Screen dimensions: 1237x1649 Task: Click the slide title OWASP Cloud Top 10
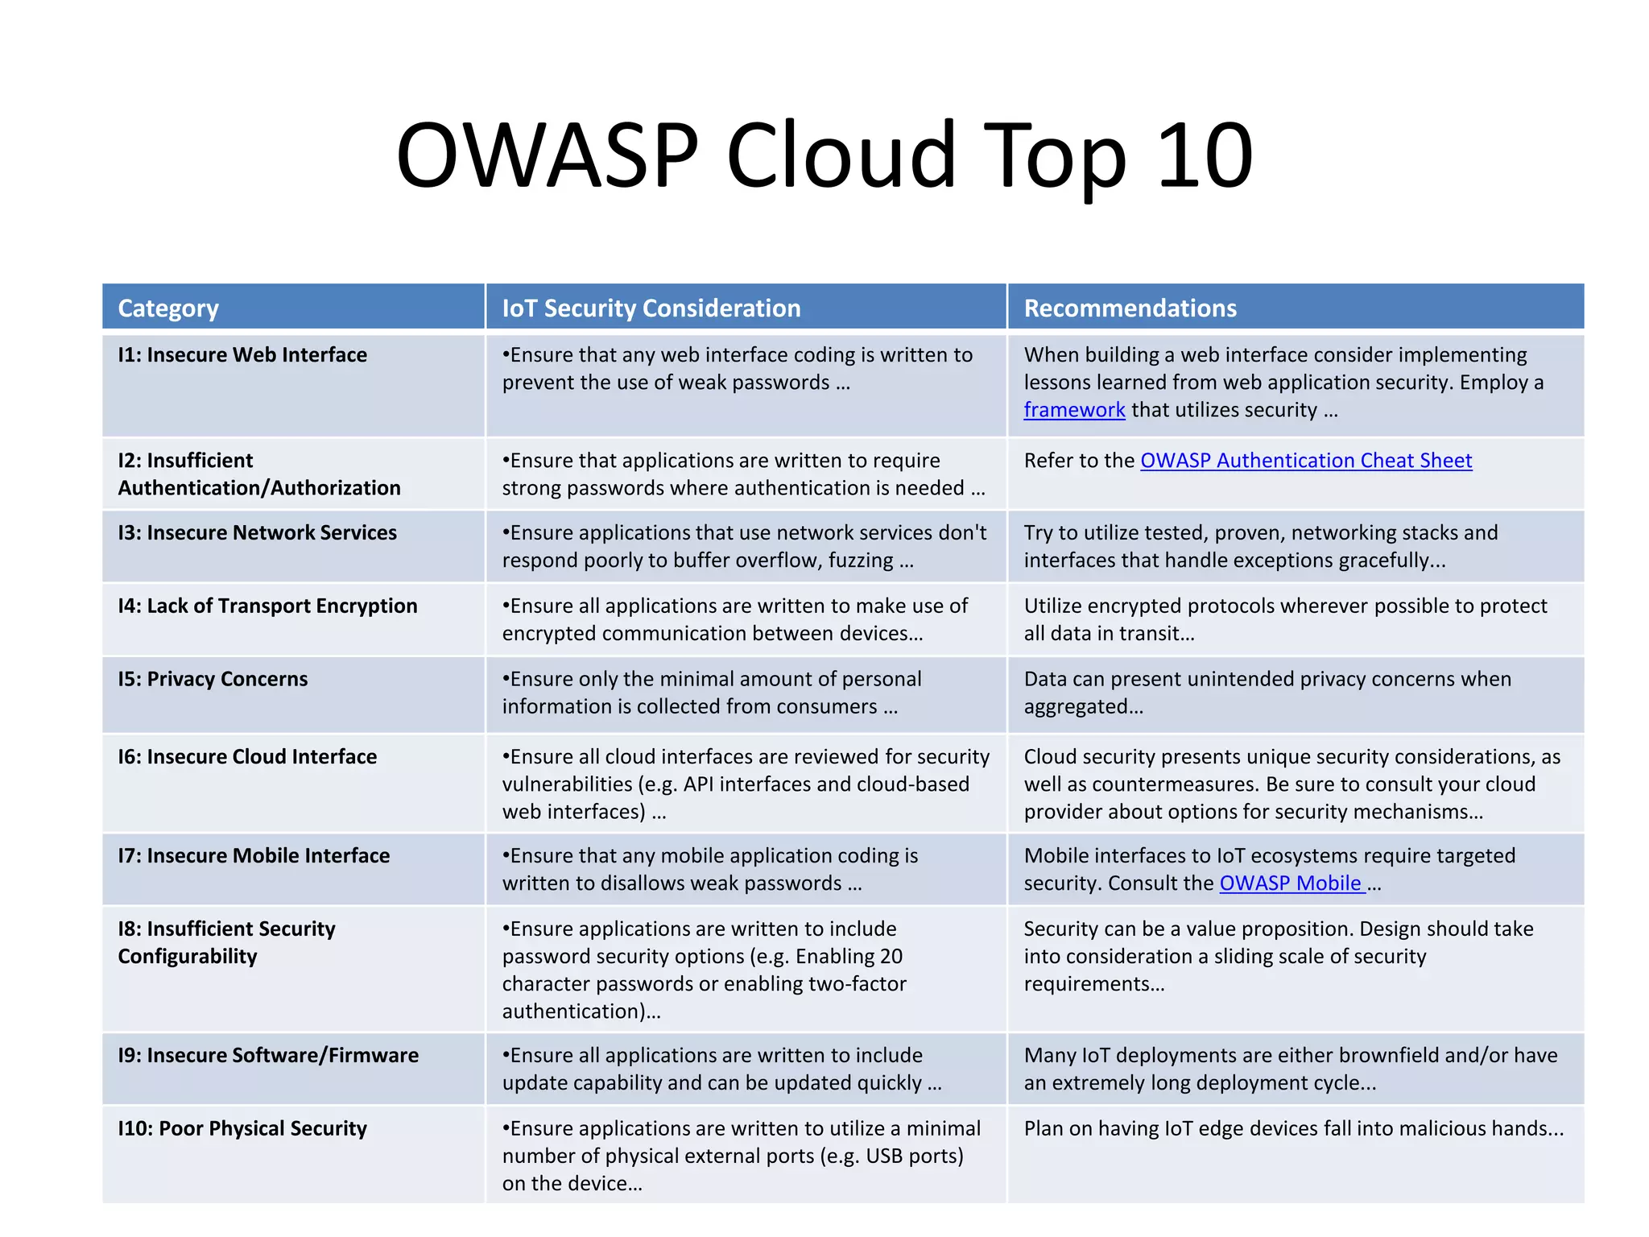click(x=824, y=155)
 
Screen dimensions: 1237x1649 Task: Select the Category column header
click(x=168, y=308)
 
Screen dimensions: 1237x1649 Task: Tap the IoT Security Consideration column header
click(x=651, y=308)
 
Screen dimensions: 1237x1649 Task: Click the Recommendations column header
click(x=1130, y=308)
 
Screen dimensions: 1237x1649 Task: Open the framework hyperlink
click(x=1074, y=410)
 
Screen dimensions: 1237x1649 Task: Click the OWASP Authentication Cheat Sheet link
click(x=1306, y=461)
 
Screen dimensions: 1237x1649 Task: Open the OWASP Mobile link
click(x=1291, y=883)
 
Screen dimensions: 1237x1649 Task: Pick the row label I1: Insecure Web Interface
click(x=242, y=355)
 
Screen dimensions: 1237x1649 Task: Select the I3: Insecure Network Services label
click(x=258, y=533)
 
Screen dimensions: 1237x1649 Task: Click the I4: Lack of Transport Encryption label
click(x=267, y=606)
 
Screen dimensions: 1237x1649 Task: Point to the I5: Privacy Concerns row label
click(x=213, y=680)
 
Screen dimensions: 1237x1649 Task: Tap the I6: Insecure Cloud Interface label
click(x=247, y=757)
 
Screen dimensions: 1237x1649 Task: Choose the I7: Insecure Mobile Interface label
click(x=254, y=856)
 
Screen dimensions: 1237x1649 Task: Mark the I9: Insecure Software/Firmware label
click(x=268, y=1056)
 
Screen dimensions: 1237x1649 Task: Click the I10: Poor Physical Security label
click(x=242, y=1129)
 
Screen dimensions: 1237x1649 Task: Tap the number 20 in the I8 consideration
click(x=891, y=957)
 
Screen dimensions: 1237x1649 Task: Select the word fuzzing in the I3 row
click(x=861, y=561)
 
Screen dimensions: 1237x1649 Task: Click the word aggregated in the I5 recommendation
click(x=1079, y=707)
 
